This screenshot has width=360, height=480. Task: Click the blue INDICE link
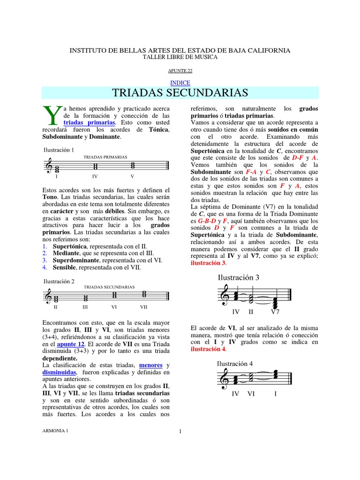pyautogui.click(x=180, y=82)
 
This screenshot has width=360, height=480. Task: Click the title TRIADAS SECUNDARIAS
pyautogui.click(x=180, y=92)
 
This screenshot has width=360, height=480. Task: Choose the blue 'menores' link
pyautogui.click(x=150, y=365)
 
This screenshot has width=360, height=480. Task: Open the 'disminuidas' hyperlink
pyautogui.click(x=59, y=372)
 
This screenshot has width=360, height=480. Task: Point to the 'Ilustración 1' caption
pyautogui.click(x=59, y=150)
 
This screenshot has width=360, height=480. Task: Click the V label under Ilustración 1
pyautogui.click(x=132, y=176)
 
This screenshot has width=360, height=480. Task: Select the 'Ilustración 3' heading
pyautogui.click(x=239, y=277)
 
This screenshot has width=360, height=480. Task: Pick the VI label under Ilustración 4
pyautogui.click(x=251, y=394)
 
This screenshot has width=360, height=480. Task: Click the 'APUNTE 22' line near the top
pyautogui.click(x=180, y=71)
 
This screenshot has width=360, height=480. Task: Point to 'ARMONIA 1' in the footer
pyautogui.click(x=55, y=431)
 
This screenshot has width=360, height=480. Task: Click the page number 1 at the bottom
pyautogui.click(x=180, y=432)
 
